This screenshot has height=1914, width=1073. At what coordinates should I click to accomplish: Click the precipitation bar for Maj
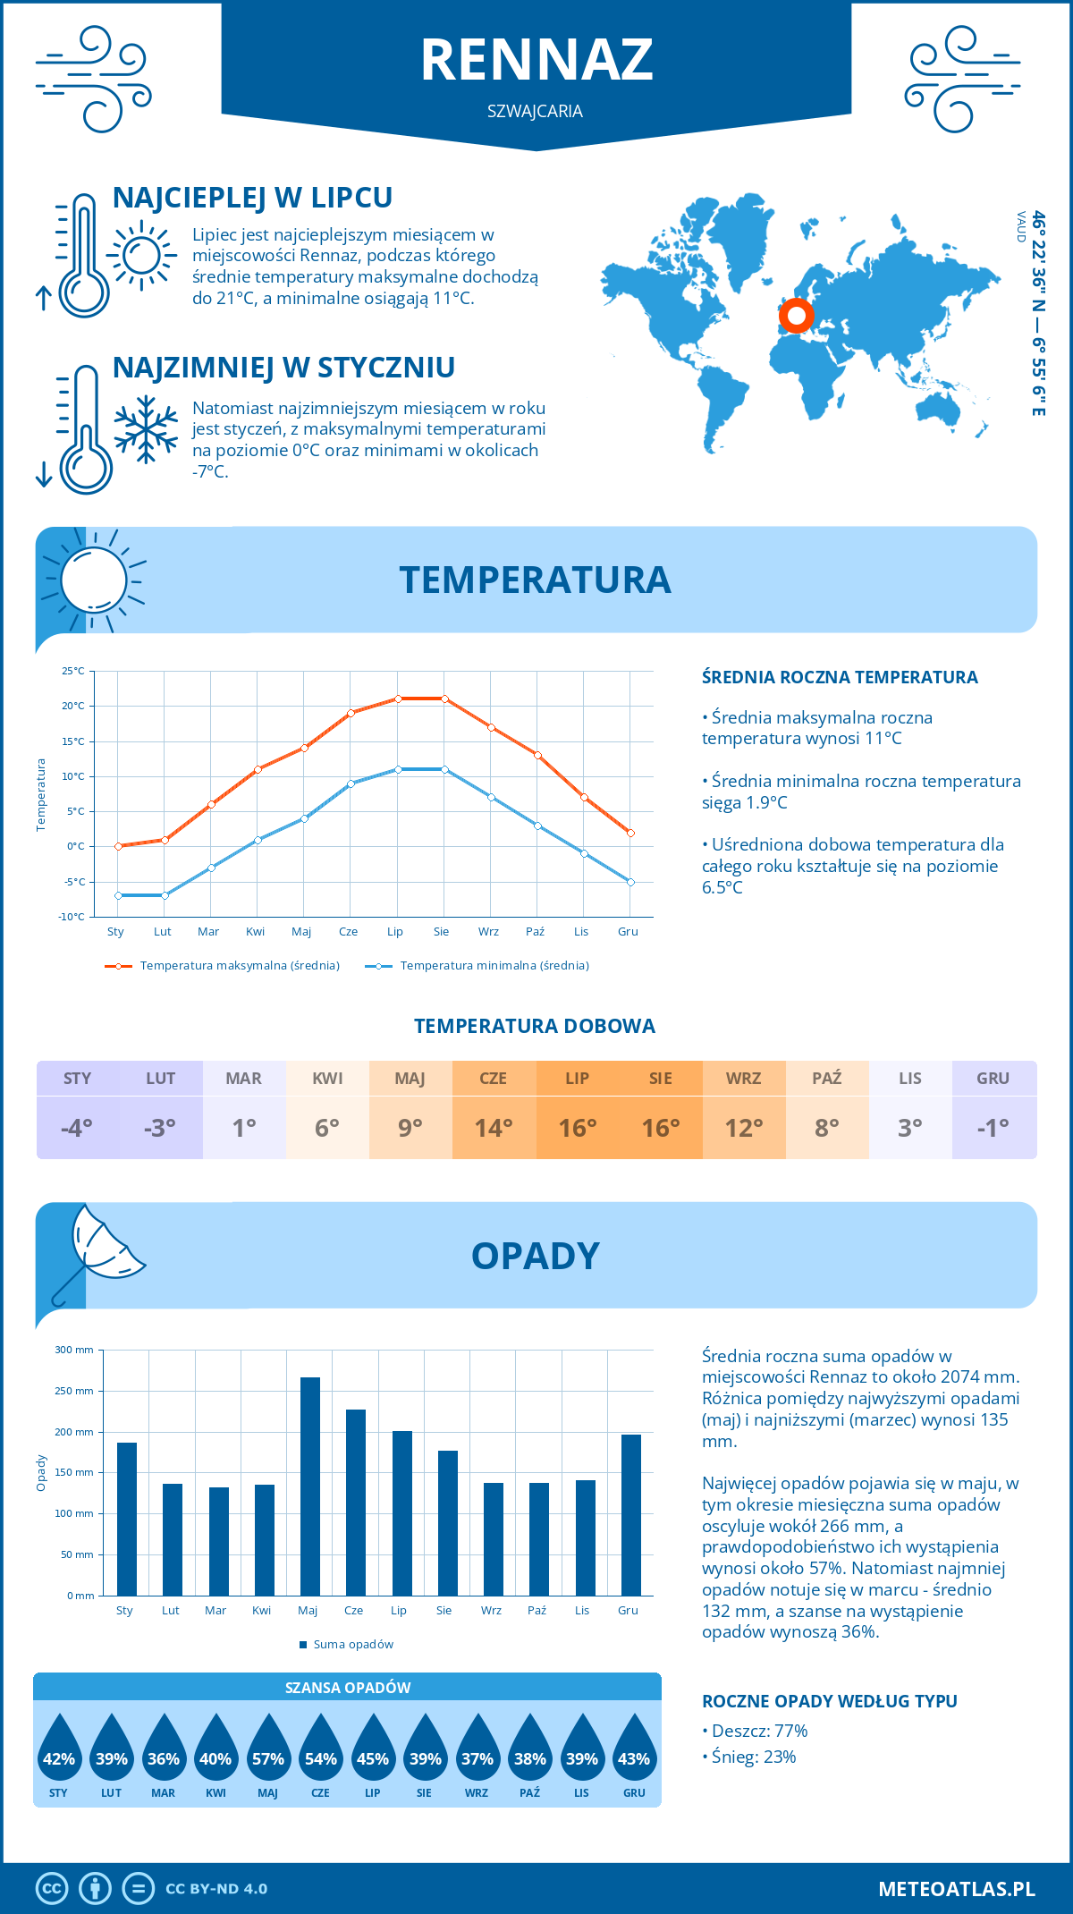pos(309,1486)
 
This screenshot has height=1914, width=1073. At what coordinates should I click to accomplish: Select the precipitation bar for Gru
pos(630,1515)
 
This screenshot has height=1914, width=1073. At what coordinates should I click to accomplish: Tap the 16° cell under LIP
pos(578,1127)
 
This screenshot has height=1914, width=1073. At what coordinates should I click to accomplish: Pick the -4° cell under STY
pos(78,1127)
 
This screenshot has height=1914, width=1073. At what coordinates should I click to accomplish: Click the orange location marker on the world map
pos(796,315)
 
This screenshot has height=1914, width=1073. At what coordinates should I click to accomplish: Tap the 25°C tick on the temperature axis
pos(73,671)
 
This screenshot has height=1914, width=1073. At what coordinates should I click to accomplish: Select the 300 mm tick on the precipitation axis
pos(74,1350)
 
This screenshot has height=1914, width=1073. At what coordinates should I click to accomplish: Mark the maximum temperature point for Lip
pos(398,699)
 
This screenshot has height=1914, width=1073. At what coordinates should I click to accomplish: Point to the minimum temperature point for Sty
pos(118,895)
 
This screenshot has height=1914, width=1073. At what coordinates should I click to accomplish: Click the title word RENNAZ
pos(536,60)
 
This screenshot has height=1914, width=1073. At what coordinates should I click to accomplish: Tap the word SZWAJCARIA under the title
pos(535,112)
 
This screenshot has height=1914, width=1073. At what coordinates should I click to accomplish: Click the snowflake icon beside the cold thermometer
pos(146,428)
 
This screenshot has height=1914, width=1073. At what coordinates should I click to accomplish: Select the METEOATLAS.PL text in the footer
pos(957,1888)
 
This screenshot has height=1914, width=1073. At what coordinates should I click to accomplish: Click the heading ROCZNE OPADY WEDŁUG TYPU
pos(829,1701)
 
